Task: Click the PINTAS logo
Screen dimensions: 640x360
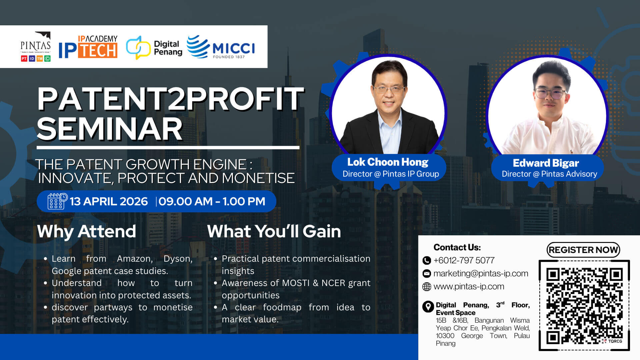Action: [36, 47]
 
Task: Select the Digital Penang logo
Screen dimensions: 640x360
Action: [154, 48]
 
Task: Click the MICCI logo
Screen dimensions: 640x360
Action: [221, 47]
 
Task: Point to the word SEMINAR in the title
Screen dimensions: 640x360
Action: [110, 129]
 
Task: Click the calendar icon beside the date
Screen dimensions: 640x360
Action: [57, 201]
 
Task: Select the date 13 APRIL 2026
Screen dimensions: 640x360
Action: [109, 201]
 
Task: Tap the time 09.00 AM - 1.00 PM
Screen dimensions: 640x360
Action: [212, 201]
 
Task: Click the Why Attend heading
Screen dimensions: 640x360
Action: [87, 231]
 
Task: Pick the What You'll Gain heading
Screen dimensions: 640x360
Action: [274, 231]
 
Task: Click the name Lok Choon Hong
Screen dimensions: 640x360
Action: [388, 162]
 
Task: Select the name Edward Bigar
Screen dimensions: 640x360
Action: [546, 163]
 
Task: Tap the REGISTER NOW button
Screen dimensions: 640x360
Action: [583, 250]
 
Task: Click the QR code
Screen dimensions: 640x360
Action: [584, 306]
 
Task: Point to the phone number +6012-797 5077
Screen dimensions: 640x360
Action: [464, 260]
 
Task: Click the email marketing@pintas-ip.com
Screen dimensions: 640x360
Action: [481, 273]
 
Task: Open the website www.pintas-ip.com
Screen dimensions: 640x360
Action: [469, 286]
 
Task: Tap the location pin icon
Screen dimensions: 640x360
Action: [428, 307]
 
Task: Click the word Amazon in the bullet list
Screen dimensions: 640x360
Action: [135, 259]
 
